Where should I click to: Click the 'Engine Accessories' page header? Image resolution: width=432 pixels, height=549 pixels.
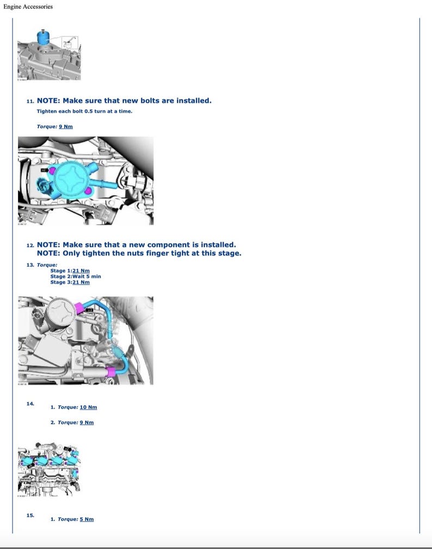click(x=28, y=7)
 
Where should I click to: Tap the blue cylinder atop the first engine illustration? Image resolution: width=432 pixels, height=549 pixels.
click(x=44, y=38)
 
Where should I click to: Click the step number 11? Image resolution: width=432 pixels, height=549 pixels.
click(x=30, y=101)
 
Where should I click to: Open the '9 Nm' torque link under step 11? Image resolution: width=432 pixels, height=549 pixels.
click(x=65, y=126)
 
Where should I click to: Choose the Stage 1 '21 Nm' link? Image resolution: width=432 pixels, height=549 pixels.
click(x=81, y=270)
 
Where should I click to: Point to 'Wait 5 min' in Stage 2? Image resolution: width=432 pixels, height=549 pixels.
click(x=87, y=276)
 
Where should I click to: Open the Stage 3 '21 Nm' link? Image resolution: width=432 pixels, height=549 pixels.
click(x=81, y=282)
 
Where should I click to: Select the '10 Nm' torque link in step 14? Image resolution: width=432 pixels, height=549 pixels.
click(x=88, y=407)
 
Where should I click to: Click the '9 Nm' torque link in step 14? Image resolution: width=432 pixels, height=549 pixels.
click(x=87, y=422)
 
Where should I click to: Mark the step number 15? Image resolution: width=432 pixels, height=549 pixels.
click(x=30, y=515)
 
